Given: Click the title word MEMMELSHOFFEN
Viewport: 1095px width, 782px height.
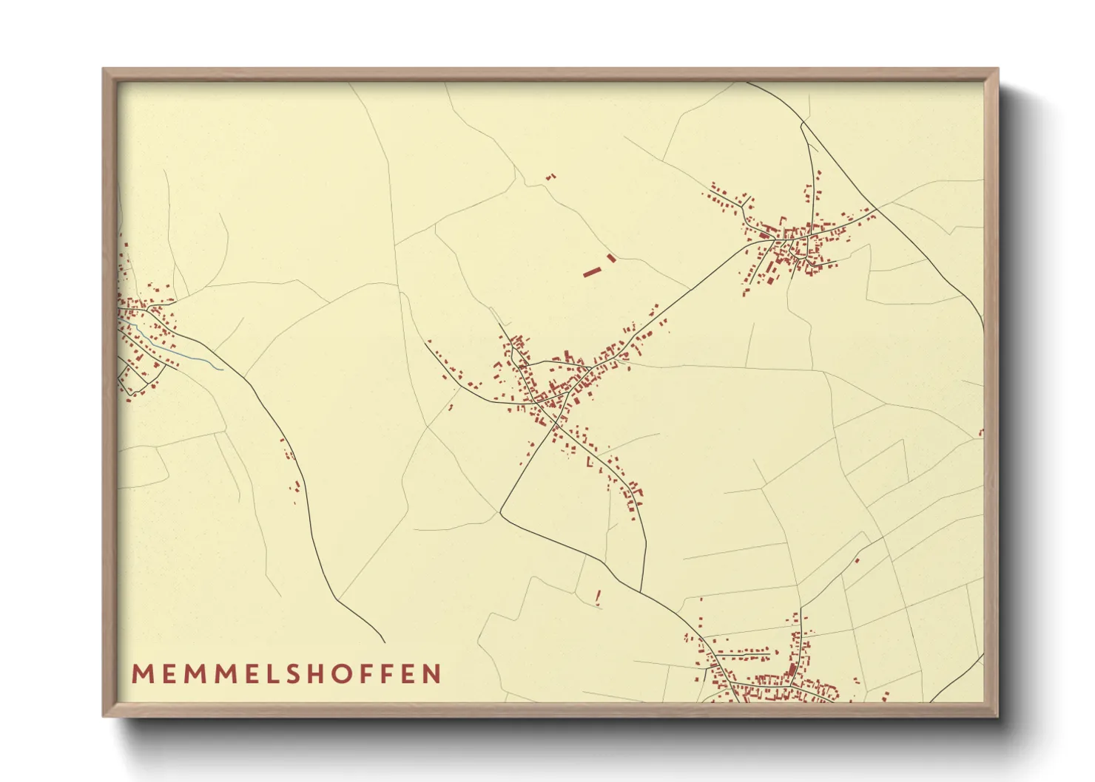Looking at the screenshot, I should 286,674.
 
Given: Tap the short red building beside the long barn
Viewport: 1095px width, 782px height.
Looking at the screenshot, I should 611,258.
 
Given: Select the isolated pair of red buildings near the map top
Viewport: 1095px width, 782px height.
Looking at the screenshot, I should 550,177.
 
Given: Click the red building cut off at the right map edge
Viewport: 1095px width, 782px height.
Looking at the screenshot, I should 981,432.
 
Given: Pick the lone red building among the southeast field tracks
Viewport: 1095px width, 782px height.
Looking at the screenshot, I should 857,560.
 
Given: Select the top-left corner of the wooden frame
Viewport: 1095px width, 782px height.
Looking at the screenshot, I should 104,69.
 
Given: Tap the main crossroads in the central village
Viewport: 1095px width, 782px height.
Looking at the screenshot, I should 565,395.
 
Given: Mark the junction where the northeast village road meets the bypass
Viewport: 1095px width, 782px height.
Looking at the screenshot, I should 877,208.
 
